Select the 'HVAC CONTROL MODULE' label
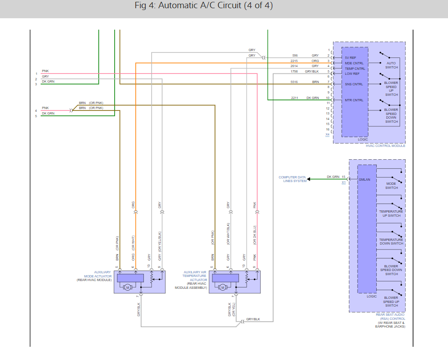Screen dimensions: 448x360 point(385,146)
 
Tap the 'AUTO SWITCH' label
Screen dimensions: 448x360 point(391,65)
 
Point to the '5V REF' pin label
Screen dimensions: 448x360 point(350,57)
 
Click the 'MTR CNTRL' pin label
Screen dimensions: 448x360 point(354,100)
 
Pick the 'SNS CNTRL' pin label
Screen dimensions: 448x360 point(354,84)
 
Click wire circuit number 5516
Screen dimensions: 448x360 point(294,82)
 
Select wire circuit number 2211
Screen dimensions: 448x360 point(294,98)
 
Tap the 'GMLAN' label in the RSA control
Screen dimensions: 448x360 point(364,180)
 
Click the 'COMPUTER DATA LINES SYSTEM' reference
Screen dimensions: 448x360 point(292,179)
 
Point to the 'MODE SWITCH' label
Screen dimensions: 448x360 point(391,186)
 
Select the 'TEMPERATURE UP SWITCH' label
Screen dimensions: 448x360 point(391,214)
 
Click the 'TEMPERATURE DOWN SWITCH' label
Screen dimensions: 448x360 point(391,241)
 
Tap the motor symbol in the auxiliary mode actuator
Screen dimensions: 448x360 point(128,287)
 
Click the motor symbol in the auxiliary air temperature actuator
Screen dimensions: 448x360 point(223,287)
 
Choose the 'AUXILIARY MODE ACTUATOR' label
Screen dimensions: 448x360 point(98,274)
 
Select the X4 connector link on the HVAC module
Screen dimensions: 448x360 point(327,135)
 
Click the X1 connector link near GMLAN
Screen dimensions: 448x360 point(343,182)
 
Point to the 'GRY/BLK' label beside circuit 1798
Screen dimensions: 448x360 point(312,71)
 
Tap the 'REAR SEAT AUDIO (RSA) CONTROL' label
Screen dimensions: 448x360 point(390,317)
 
